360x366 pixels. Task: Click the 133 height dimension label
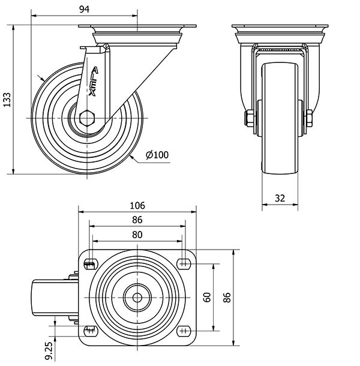(7, 100)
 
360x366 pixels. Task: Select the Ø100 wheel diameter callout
(157, 155)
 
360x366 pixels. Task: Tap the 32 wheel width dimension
(280, 197)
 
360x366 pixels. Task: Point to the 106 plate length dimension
(137, 205)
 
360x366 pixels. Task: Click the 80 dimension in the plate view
(137, 235)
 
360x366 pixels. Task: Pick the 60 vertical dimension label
(207, 296)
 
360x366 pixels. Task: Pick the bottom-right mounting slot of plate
(184, 329)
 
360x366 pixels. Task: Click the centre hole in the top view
(137, 296)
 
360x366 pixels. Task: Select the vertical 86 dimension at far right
(227, 296)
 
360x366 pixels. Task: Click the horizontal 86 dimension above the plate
(137, 220)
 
